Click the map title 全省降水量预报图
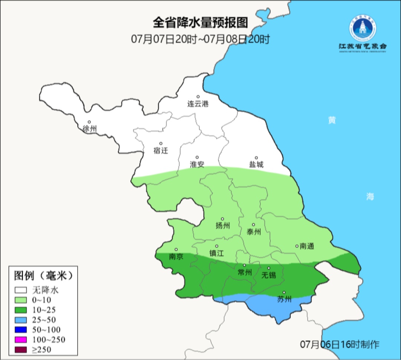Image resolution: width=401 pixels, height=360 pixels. pos(200,23)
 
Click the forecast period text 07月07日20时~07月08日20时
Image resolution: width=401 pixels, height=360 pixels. pos(200,39)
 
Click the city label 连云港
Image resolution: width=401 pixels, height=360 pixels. pos(198,104)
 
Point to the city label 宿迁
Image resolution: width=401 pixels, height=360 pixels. pos(161,150)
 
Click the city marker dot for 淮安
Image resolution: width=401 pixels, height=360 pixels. pos(197,157)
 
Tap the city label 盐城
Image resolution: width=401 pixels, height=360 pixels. pos(256,165)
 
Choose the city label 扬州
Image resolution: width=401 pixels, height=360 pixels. pos(222,226)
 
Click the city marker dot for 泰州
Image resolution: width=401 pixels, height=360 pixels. pos(254,225)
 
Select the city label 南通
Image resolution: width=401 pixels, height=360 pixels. pos(307,246)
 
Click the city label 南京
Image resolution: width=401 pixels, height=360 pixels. pos(176,257)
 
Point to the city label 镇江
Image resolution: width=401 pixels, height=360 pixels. pos(217,253)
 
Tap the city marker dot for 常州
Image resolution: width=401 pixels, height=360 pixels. pos(244,265)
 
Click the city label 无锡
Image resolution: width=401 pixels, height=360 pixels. pos(269,275)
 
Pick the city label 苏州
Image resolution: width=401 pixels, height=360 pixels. pos(284,299)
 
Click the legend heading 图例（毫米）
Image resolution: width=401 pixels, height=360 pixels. pos(42,276)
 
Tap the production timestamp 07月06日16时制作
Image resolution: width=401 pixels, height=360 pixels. pos(340,344)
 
